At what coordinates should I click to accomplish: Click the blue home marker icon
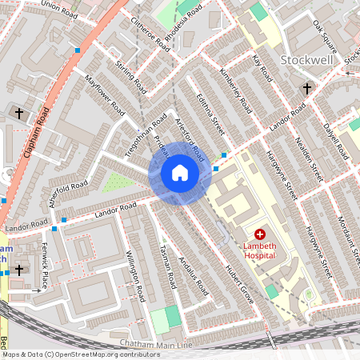tap(180, 172)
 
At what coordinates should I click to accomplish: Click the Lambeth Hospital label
tap(260, 250)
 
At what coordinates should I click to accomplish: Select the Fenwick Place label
tap(45, 269)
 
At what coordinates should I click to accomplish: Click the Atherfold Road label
tap(69, 193)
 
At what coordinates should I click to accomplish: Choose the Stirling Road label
tap(130, 73)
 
